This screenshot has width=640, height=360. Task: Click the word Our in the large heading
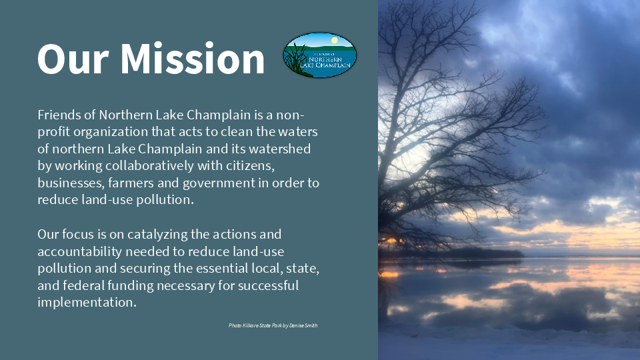pos(73,59)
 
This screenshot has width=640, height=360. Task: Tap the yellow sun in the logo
pos(335,40)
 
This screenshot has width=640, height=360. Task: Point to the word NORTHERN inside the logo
pos(325,59)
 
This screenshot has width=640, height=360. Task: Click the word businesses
pos(71,183)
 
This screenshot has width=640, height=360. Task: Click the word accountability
pos(79,252)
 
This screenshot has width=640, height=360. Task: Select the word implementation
pos(87,303)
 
